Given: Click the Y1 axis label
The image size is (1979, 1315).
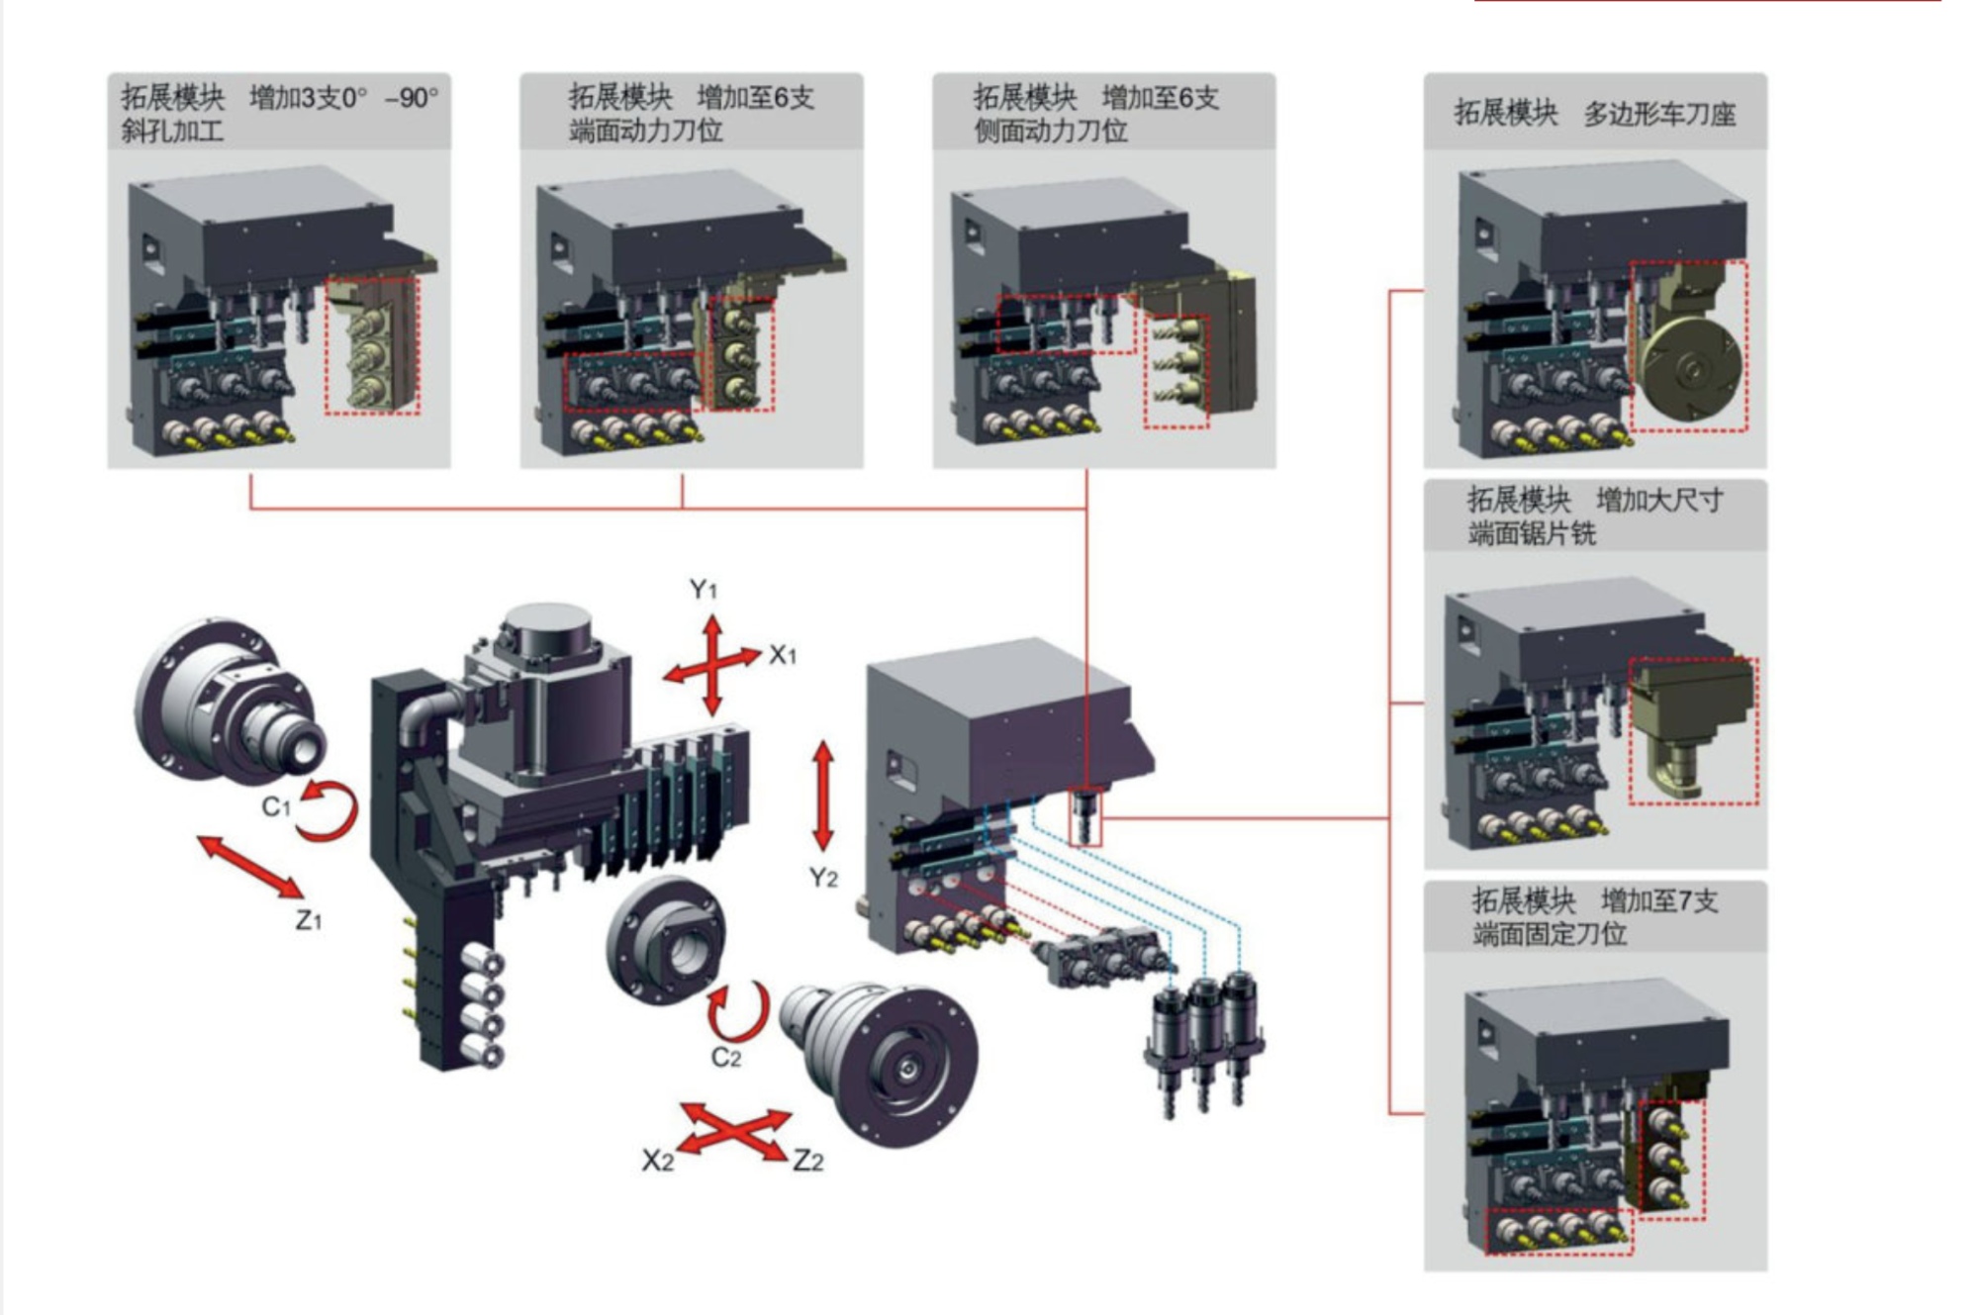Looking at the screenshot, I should pyautogui.click(x=704, y=591).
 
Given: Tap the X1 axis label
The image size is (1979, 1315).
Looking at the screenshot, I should pyautogui.click(x=783, y=655).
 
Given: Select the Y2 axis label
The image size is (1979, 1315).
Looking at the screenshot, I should pyautogui.click(x=823, y=878).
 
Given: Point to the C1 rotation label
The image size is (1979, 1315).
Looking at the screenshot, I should pyautogui.click(x=276, y=807).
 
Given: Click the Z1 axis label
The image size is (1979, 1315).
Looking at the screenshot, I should pyautogui.click(x=309, y=921).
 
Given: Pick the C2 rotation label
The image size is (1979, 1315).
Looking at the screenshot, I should pyautogui.click(x=726, y=1058).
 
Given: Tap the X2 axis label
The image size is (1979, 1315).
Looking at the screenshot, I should pyautogui.click(x=658, y=1161).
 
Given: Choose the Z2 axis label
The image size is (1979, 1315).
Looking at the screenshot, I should pyautogui.click(x=808, y=1161).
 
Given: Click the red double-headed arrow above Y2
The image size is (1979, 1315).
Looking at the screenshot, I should pyautogui.click(x=823, y=797).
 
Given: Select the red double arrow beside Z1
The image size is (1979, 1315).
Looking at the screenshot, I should pyautogui.click(x=249, y=866).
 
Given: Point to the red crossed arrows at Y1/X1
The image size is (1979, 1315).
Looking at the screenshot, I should pyautogui.click(x=713, y=666).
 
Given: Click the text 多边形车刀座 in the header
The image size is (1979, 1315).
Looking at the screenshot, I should pyautogui.click(x=1659, y=115).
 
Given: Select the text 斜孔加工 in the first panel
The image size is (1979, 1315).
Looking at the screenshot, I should pyautogui.click(x=172, y=131).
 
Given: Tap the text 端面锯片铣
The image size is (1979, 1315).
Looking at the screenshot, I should pyautogui.click(x=1532, y=534).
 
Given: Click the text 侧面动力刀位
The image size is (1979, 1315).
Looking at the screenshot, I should pyautogui.click(x=1050, y=131).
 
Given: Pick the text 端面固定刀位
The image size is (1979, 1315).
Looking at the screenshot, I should pyautogui.click(x=1549, y=933).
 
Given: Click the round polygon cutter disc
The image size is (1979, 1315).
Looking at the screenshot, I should pyautogui.click(x=1690, y=369).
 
